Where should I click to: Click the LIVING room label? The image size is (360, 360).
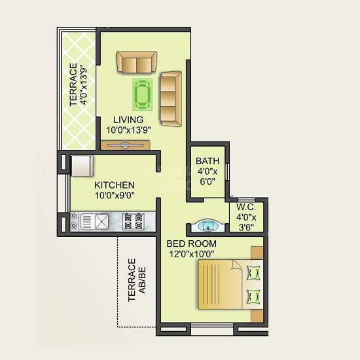pyautogui.click(x=128, y=120)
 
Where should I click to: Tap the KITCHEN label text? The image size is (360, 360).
pyautogui.click(x=115, y=185)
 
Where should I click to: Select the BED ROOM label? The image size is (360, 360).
pyautogui.click(x=191, y=243)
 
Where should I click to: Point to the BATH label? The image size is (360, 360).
pyautogui.click(x=207, y=160)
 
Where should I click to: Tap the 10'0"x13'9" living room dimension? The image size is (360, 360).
pyautogui.click(x=129, y=130)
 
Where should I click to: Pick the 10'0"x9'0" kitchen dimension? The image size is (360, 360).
pyautogui.click(x=115, y=195)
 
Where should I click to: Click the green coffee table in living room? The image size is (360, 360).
pyautogui.click(x=143, y=95)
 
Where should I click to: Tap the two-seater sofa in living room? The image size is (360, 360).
pyautogui.click(x=137, y=62)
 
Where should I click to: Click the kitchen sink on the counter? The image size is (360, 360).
pyautogui.click(x=101, y=221)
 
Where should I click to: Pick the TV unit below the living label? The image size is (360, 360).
pyautogui.click(x=127, y=144)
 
